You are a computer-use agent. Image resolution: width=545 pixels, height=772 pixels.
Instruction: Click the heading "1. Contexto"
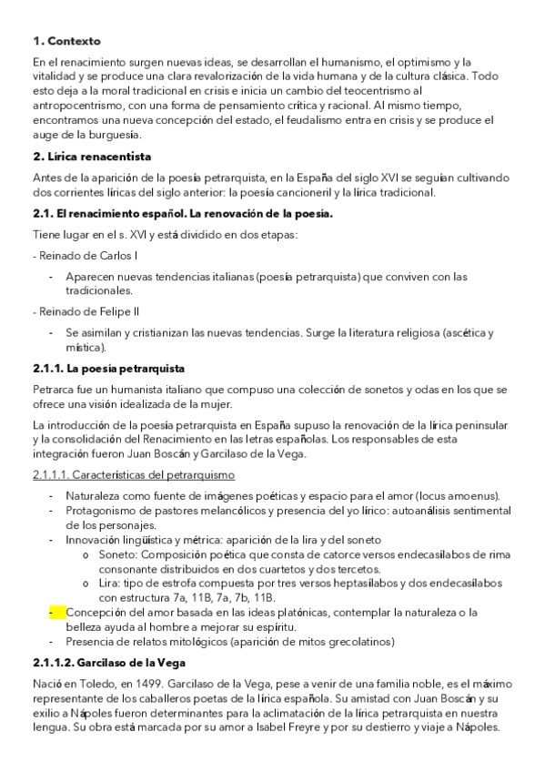[x=66, y=41]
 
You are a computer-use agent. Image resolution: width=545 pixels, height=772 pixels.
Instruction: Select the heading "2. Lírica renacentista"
[x=92, y=157]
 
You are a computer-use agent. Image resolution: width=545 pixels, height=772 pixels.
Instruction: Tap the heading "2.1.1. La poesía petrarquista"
[x=108, y=369]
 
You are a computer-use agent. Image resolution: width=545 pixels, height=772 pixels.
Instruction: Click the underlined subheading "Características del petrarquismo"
[x=133, y=475]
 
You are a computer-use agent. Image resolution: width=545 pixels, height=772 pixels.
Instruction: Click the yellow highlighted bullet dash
[x=52, y=612]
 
